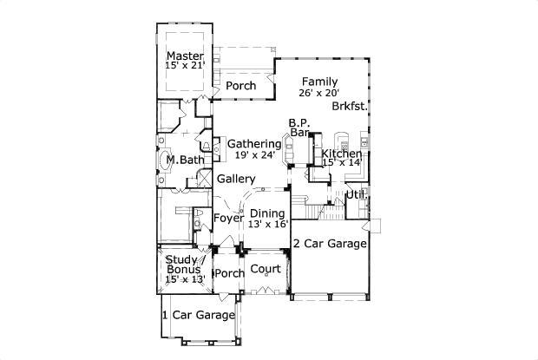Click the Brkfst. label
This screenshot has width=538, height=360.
click(349, 107)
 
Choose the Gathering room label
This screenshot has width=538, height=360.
click(253, 143)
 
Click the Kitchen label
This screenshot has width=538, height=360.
click(342, 154)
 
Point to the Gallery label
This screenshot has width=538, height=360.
click(236, 179)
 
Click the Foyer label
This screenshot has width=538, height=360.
click(228, 218)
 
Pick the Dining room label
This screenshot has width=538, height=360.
click(267, 213)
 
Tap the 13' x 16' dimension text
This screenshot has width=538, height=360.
click(267, 224)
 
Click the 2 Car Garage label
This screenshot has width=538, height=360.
click(330, 244)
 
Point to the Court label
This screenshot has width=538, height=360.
click(266, 270)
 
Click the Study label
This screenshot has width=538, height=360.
click(182, 259)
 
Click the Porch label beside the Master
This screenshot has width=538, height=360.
click(240, 86)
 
